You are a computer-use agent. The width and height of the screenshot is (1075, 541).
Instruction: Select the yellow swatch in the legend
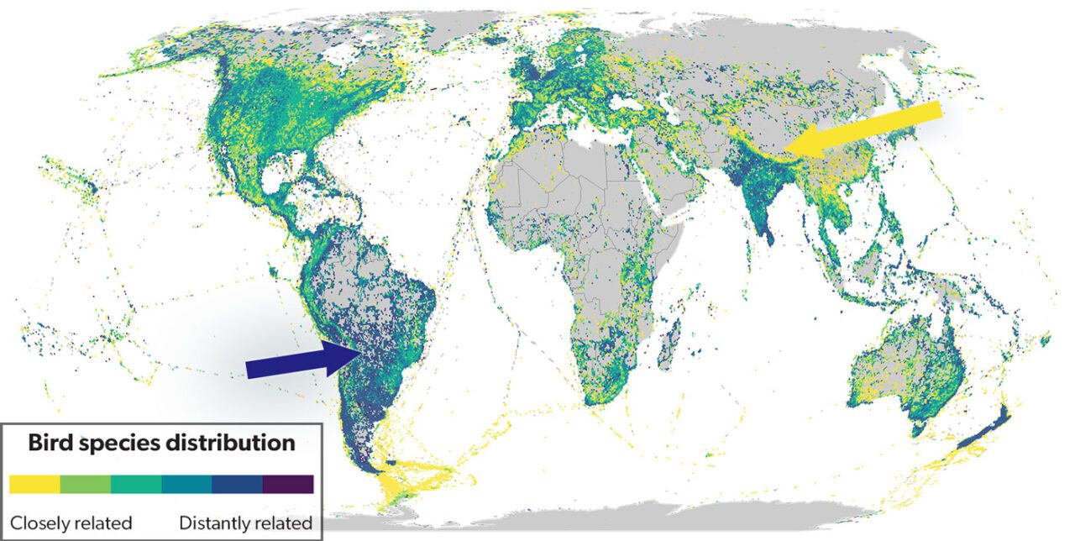34,484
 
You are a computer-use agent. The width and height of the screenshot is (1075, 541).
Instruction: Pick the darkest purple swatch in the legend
288,484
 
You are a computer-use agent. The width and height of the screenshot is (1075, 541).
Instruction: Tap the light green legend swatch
86,484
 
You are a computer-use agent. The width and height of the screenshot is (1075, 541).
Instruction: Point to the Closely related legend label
71,523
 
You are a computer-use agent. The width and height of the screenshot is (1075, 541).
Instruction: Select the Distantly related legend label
245,523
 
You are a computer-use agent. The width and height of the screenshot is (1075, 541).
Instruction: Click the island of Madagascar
669,344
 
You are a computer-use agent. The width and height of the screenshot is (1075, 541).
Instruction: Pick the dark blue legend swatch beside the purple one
238,484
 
